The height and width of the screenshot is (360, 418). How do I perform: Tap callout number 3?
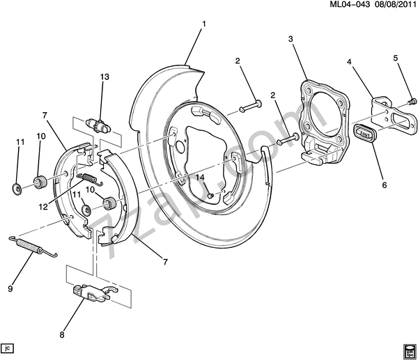point(290,40)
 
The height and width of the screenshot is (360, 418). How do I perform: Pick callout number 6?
point(385,185)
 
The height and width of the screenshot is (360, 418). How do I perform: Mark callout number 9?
point(10,288)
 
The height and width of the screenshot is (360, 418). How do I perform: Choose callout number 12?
point(43,206)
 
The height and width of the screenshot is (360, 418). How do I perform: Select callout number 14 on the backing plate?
point(200,178)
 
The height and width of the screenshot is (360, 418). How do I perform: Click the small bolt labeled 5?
point(411,102)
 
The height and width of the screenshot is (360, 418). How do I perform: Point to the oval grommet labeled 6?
point(365,131)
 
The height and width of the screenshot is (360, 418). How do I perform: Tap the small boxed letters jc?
point(8,347)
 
